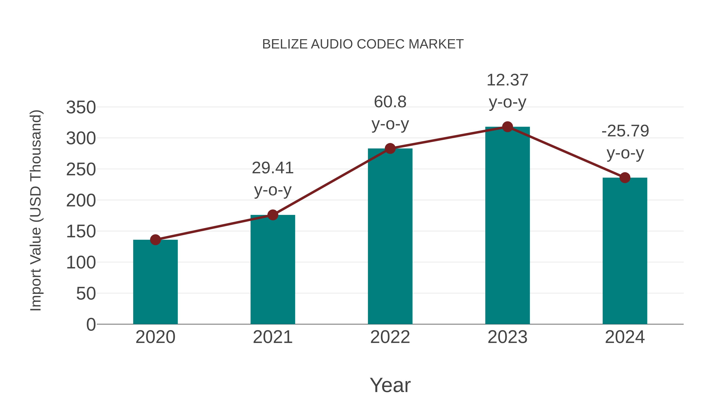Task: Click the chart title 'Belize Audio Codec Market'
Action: pos(363,44)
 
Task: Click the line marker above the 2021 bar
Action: pos(272,215)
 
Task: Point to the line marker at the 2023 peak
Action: pos(507,127)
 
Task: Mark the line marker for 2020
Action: pos(155,240)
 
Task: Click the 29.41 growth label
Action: pos(272,168)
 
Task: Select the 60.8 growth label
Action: pos(390,102)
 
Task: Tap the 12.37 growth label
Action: pos(507,80)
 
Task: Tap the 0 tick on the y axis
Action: pos(91,325)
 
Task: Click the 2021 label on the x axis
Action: pos(272,337)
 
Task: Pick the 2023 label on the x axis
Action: pos(507,337)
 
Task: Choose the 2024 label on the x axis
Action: pos(625,337)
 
